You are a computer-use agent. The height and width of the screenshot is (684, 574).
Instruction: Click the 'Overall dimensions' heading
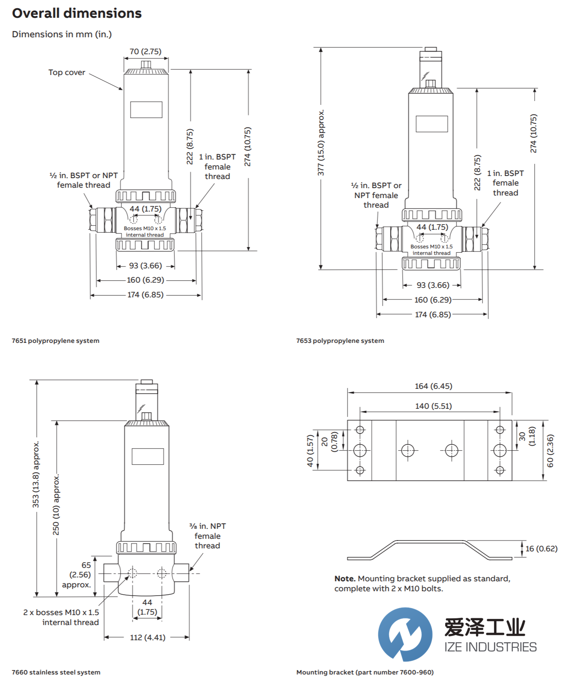point(77,13)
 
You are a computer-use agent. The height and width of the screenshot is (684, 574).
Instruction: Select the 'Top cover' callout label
point(67,72)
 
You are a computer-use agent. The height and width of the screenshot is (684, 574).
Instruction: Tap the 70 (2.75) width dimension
point(145,52)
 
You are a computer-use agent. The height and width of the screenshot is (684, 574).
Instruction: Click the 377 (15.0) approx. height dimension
point(321,143)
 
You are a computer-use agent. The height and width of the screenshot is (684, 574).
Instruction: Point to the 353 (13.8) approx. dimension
point(36,474)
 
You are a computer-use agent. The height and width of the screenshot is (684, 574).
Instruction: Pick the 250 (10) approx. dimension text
point(56,505)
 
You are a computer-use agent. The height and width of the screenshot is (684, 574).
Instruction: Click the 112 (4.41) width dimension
point(148,637)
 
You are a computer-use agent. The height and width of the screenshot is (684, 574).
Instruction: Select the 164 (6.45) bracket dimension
point(433,386)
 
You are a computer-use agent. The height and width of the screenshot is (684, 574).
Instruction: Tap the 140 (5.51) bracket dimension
point(433,406)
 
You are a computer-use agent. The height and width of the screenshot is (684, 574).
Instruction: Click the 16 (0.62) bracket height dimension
point(541,549)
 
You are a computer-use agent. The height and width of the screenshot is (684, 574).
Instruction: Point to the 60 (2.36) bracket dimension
point(551,451)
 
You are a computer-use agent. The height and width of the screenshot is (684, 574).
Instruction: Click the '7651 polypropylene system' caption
point(56,341)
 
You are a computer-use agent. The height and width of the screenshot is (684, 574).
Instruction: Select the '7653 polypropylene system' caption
point(340,341)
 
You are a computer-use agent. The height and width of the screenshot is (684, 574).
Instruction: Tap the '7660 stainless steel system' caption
point(56,672)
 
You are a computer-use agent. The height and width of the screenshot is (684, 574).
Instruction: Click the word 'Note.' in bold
point(345,579)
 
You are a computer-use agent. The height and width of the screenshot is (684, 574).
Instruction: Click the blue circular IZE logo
point(405,634)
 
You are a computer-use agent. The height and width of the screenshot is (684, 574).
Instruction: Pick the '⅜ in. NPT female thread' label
point(207,536)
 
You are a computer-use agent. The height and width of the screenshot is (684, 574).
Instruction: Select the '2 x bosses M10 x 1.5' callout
point(61,612)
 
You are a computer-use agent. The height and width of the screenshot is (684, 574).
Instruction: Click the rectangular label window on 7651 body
point(146,110)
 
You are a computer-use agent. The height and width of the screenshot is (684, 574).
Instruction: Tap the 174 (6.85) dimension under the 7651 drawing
point(145,295)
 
